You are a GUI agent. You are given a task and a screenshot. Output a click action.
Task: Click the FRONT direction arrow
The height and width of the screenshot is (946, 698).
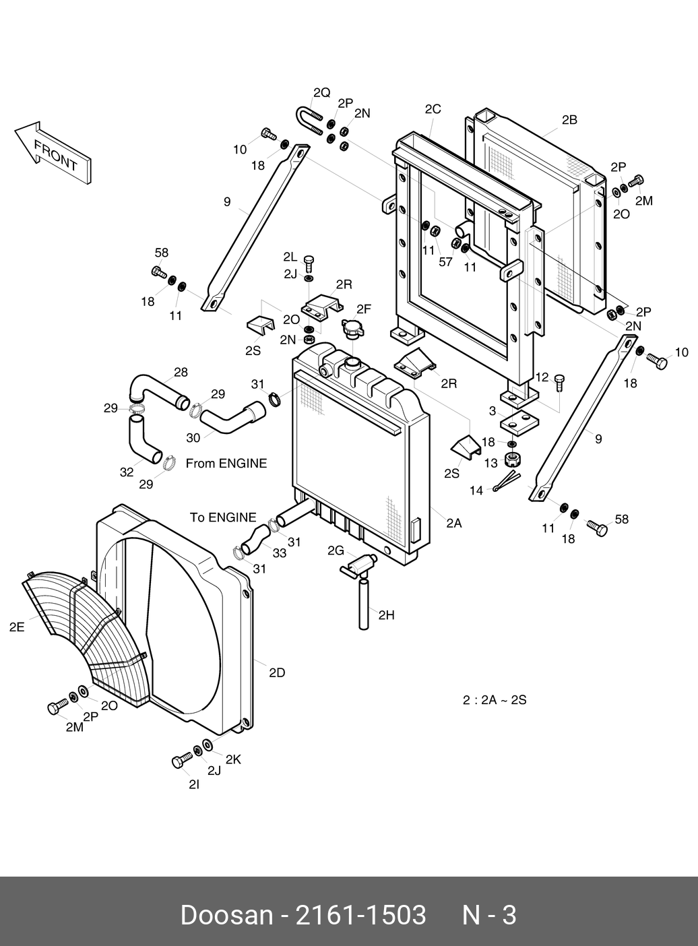coord(53,154)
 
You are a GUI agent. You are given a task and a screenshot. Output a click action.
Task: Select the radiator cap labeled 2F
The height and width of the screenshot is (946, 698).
coord(352,329)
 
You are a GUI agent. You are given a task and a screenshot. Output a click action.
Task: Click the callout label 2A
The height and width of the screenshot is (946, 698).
coord(453,523)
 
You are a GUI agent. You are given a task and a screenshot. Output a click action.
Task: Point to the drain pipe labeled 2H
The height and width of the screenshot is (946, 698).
coord(364,602)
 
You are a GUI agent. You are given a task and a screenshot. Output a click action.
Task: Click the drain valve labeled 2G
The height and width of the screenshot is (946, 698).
coord(358,565)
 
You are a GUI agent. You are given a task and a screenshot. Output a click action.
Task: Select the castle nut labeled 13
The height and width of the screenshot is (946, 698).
coord(513,459)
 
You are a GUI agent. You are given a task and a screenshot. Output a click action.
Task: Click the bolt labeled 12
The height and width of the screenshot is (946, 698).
coord(560,382)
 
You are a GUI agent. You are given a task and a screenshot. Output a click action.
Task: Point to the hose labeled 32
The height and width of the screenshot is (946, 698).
coord(144,440)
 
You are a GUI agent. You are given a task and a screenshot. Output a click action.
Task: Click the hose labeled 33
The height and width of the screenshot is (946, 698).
coord(255,539)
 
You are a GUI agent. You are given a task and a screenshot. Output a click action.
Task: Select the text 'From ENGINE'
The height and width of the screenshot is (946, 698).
coord(226,463)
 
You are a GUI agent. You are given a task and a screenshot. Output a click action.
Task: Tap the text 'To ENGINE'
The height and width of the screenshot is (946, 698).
coord(223,517)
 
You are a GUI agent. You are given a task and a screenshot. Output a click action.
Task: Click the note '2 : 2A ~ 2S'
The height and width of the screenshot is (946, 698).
coord(495,700)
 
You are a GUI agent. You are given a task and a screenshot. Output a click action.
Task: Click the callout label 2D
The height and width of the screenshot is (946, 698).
coord(276,672)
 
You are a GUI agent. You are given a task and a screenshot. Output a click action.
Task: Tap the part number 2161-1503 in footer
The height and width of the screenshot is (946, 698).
coord(360,916)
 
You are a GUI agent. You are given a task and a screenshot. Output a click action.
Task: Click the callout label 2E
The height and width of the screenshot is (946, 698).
coord(17,627)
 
